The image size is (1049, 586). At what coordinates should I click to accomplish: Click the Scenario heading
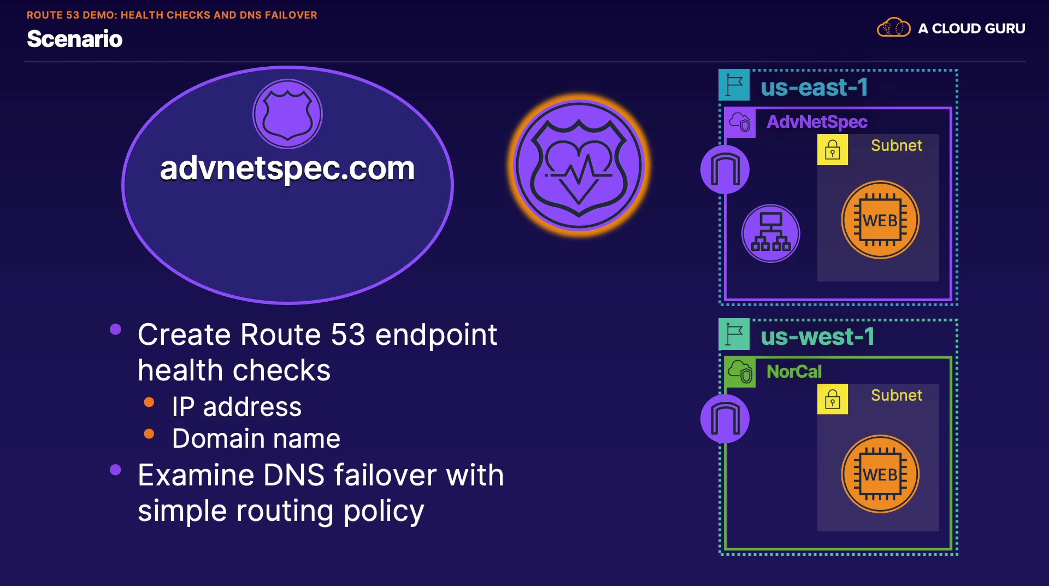pos(75,39)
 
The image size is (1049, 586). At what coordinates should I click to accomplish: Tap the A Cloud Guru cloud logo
pos(893,27)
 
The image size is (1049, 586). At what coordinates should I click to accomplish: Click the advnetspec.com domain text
pos(287,168)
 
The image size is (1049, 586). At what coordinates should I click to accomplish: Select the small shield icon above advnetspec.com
pos(287,114)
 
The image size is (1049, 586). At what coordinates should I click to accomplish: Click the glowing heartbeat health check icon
pos(579,165)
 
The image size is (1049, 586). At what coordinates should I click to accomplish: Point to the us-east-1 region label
pos(814,87)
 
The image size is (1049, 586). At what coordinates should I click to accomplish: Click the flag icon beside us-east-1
pos(734,85)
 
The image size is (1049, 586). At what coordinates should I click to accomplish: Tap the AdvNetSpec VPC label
pos(817,122)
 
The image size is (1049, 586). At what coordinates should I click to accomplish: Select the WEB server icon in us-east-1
pos(880,220)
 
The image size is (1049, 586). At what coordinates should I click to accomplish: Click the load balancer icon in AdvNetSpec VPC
pos(770,233)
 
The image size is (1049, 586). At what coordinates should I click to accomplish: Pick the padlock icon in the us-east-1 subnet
pos(832,150)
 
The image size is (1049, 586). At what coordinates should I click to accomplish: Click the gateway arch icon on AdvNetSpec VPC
pos(724,169)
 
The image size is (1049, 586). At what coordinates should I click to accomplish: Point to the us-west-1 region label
pos(817,337)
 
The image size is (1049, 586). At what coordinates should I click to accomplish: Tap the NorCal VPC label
pos(794,372)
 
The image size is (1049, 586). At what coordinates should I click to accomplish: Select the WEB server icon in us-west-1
pos(880,474)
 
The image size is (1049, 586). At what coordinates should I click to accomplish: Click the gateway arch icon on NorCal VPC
pos(724,419)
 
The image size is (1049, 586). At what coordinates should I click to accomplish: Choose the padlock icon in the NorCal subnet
pos(832,399)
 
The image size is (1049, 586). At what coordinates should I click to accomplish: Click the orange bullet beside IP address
pos(149,403)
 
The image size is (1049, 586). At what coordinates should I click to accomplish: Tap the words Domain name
pos(256,438)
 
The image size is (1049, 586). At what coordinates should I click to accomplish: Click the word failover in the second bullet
pos(384,475)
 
